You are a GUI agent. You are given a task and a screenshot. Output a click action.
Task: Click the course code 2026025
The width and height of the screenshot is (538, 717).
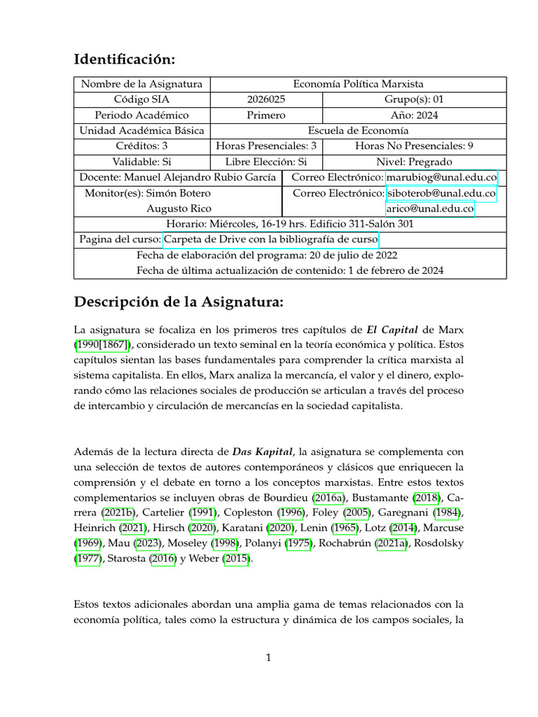pos(266,99)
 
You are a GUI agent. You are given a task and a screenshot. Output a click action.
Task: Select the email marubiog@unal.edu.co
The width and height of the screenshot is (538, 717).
pos(441,177)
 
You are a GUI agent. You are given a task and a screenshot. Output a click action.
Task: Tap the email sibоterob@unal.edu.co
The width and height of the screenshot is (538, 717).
pos(441,193)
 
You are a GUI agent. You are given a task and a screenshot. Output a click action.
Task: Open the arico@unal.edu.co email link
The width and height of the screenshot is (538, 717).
pos(430,208)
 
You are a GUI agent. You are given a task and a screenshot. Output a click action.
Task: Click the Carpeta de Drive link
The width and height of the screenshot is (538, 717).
pos(271,239)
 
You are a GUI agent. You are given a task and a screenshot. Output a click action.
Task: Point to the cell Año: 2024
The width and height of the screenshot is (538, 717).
pos(414,115)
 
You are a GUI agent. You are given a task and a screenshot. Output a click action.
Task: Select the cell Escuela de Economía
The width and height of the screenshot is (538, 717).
pos(358,130)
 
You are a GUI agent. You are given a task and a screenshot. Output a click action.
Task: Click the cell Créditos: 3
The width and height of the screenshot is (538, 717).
pos(142,146)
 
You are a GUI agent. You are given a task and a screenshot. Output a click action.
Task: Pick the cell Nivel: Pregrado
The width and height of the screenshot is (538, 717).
pos(414,161)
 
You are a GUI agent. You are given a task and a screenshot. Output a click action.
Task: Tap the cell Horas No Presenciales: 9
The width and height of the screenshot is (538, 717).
pos(414,146)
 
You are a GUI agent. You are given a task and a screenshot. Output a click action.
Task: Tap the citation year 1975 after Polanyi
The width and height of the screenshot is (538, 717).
pos(298,544)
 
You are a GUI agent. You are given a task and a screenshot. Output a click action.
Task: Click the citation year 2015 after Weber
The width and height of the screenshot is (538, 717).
pos(235,559)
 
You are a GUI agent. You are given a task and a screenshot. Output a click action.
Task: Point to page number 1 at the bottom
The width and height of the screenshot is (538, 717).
pos(268,657)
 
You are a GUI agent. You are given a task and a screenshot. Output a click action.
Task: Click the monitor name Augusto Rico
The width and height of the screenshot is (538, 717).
pos(178,208)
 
